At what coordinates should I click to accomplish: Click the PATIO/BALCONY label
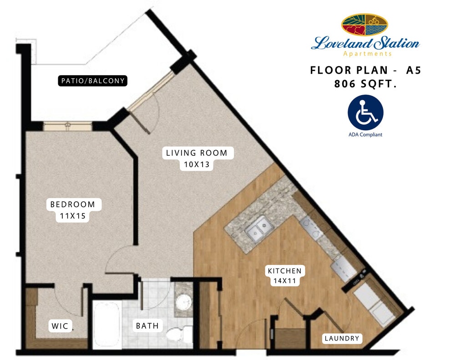pos(93,81)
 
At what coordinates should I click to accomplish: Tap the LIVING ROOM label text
pos(197,153)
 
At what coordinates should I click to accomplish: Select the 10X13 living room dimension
pos(197,165)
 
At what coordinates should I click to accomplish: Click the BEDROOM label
pos(73,204)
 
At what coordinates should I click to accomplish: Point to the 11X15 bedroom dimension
pos(73,216)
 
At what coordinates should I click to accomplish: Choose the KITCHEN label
pos(285,271)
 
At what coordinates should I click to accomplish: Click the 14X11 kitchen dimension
pos(285,281)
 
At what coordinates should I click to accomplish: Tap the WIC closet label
pos(60,326)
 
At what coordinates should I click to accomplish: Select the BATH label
pos(147,326)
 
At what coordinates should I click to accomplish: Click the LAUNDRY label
pos(342,338)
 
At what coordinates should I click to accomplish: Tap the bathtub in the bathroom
pos(106,325)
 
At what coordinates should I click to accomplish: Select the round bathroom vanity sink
pos(183,303)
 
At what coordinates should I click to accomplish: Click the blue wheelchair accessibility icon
pos(365,113)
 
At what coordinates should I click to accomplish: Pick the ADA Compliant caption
pos(365,135)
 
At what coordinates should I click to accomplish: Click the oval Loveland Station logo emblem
pos(365,25)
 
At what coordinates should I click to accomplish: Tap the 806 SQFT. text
pos(366,84)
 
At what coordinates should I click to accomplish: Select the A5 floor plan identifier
pos(414,70)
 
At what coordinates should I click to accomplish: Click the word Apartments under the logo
pos(367,54)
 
